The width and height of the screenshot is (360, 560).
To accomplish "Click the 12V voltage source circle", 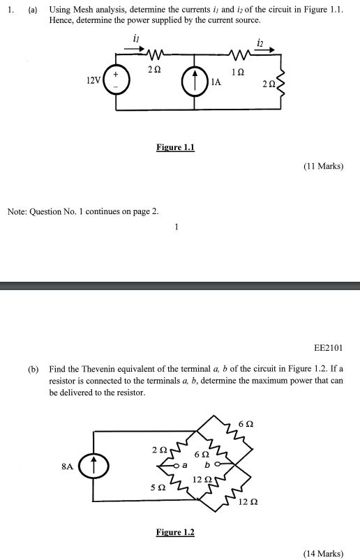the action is (x=116, y=80).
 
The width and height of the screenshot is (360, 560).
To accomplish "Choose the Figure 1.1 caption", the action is (x=175, y=147).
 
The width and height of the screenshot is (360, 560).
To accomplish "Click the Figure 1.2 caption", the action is (x=175, y=532).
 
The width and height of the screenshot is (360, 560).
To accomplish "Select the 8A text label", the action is (x=66, y=466).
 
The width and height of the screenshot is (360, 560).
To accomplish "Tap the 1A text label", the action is (x=216, y=82).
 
